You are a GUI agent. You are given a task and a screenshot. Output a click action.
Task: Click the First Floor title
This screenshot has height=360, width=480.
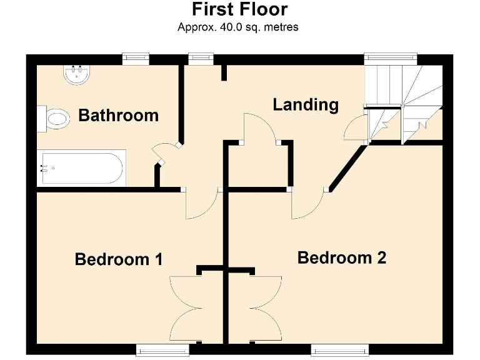[x=239, y=10]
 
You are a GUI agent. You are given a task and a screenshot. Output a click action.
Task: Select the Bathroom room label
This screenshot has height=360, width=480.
[x=118, y=116]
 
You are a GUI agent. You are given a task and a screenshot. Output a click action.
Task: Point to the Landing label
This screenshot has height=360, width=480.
[x=306, y=104]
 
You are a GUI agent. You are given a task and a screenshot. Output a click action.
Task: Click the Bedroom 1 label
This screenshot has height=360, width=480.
[x=119, y=259]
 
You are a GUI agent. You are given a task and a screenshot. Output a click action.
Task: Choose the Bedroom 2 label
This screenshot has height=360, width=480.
[x=341, y=257]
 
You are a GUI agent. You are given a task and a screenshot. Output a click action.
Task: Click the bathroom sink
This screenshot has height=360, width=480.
[x=77, y=75]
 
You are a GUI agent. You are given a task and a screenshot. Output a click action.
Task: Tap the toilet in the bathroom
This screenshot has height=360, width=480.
[x=54, y=118]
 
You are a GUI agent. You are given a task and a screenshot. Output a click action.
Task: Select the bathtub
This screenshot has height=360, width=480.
[x=81, y=168]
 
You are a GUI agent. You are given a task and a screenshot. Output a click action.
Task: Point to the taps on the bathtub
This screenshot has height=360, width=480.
[x=44, y=168]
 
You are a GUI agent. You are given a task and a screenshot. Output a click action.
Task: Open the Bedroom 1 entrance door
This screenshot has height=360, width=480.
[x=201, y=204]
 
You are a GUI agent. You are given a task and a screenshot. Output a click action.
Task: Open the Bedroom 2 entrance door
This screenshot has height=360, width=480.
[x=307, y=204]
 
